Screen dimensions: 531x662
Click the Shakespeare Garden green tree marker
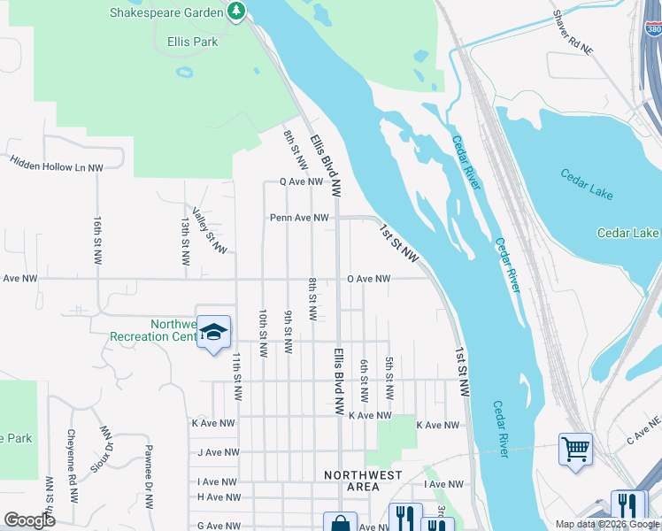coord(235,12)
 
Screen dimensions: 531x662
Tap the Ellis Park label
coord(193,41)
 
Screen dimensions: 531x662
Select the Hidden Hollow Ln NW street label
coord(57,163)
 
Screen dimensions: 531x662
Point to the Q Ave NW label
coord(301,181)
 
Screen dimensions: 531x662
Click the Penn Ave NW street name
coord(299,217)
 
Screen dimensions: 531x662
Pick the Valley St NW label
coord(210,235)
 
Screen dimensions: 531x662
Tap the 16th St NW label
coord(97,238)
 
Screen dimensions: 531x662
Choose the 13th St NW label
coord(185,242)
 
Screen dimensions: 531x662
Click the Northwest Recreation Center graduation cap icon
coord(212,334)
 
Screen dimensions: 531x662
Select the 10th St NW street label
coord(263,334)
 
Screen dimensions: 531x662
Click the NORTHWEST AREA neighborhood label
coord(363,481)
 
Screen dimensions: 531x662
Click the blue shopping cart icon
coord(575,449)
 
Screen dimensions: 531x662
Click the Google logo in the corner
coord(29,520)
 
